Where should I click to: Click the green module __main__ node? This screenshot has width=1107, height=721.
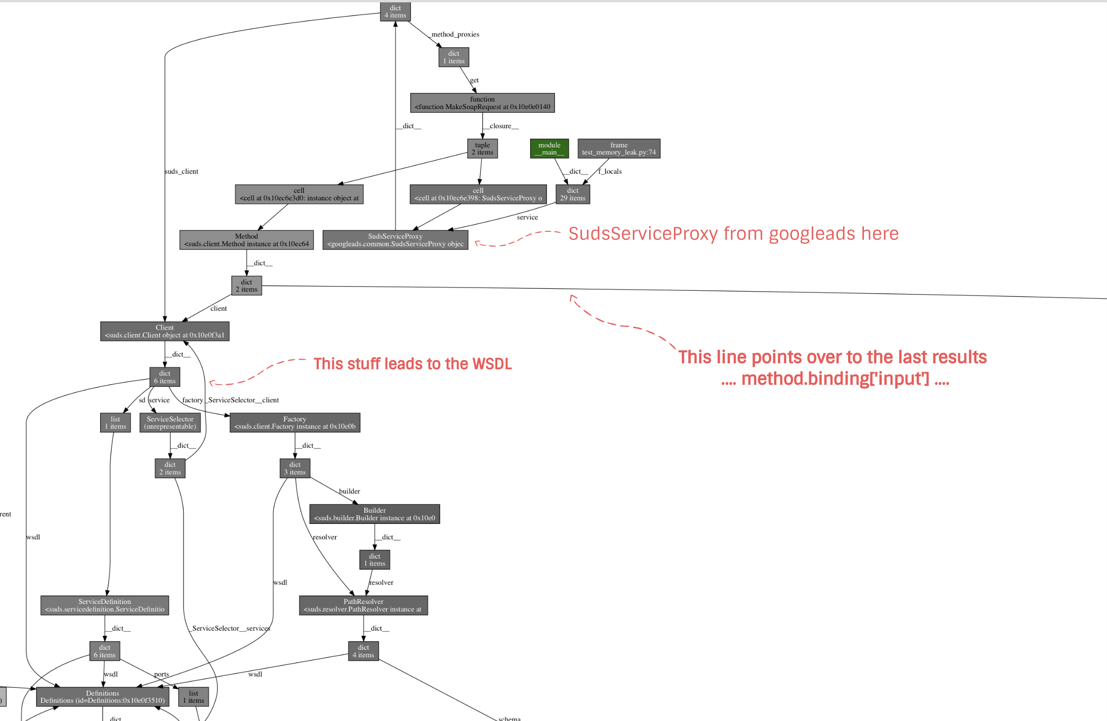point(549,148)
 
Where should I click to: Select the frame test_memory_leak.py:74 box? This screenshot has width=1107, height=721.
point(619,148)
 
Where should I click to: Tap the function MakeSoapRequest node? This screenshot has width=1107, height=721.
point(482,103)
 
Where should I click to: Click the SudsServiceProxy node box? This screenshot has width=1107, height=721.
point(395,240)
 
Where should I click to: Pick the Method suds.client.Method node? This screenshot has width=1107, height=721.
point(246,240)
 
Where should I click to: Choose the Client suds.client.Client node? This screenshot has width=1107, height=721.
point(164,331)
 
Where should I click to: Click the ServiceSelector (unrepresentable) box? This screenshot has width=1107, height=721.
point(170,423)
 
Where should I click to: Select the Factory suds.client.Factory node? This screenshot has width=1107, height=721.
point(295,423)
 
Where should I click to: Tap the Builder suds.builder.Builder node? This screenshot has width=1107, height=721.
point(374,514)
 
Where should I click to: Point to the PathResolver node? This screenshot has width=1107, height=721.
point(363,605)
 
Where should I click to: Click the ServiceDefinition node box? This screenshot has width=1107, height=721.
point(104,605)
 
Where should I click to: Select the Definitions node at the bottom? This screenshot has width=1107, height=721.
point(103,697)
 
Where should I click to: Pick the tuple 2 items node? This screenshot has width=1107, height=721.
point(482,148)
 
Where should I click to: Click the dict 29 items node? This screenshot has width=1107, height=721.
point(573,194)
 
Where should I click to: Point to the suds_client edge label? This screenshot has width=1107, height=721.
point(182,171)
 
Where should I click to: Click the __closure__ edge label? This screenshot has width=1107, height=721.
point(502,126)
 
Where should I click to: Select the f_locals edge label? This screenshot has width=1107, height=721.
point(610,171)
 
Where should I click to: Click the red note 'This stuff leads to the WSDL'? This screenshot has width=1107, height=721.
point(413,364)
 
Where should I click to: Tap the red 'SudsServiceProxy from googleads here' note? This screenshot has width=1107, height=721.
point(733,234)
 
